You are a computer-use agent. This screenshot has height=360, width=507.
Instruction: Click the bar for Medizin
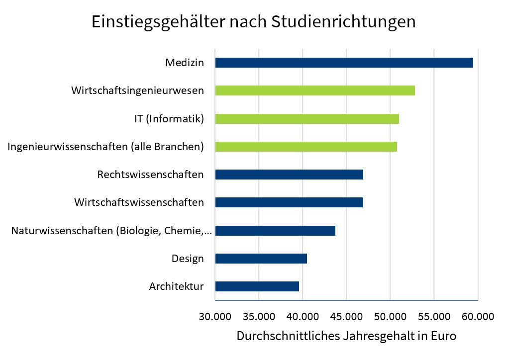point(344,63)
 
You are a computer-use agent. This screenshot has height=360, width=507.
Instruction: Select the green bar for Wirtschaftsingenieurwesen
point(314,90)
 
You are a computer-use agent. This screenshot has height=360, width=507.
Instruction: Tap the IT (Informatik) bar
point(306,118)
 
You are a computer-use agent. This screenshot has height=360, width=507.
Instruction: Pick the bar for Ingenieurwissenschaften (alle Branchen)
point(305,147)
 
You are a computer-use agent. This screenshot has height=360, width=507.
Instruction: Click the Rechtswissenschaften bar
point(289,175)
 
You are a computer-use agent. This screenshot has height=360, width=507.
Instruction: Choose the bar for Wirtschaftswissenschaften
point(289,202)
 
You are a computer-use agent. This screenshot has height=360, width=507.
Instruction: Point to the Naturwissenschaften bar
point(275,231)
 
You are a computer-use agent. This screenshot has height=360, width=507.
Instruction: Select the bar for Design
point(261,259)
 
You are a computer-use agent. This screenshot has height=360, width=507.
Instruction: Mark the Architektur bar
point(257,286)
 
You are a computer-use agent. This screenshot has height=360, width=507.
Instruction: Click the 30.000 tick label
point(214,316)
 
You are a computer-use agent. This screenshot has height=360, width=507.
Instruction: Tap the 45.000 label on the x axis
point(346,316)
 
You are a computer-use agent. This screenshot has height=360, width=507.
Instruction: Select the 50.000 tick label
point(390,316)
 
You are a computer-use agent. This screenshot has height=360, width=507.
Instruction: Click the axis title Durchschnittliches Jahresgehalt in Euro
point(346,336)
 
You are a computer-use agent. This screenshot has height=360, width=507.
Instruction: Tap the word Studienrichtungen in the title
point(343,22)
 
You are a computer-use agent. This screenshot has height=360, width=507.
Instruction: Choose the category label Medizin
point(184,63)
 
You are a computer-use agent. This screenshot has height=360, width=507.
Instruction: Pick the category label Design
point(188,259)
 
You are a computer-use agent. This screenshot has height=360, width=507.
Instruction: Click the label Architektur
point(176,286)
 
